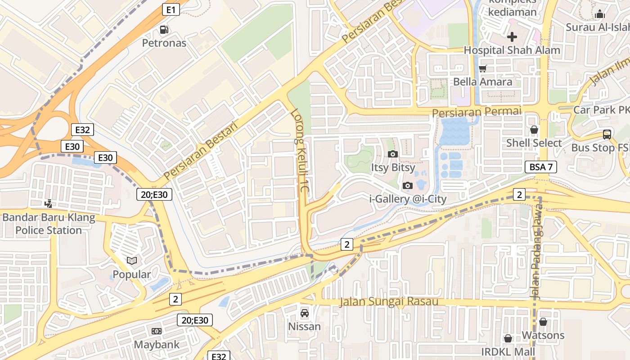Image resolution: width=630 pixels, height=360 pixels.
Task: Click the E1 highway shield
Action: [171, 9]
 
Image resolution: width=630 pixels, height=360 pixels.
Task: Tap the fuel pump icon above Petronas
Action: [164, 30]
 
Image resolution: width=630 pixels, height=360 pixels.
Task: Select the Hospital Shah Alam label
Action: [512, 50]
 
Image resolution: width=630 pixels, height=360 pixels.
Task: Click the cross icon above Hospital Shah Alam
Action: [512, 37]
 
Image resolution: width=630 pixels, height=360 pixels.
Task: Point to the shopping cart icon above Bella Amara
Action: [483, 69]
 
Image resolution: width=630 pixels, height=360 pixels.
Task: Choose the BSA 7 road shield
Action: [541, 167]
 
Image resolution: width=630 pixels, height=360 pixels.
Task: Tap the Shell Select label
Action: [534, 143]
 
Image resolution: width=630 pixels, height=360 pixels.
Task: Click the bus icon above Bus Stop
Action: [607, 134]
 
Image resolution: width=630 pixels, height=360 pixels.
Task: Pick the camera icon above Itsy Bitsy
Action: [393, 154]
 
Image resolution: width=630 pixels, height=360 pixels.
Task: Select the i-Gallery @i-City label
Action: [408, 198]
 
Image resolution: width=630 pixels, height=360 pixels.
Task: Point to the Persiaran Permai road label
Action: [476, 111]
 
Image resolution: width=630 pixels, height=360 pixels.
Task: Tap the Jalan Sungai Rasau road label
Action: [389, 301]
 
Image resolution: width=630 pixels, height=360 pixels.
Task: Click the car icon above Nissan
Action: [305, 313]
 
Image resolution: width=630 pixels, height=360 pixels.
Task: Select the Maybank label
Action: [157, 345]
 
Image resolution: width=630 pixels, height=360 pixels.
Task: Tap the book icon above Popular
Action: [132, 261]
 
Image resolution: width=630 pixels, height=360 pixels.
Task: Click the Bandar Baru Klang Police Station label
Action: [49, 224]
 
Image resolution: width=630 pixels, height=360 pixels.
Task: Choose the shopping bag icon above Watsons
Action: [543, 322]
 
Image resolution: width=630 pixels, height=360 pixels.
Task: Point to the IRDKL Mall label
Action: [508, 351]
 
